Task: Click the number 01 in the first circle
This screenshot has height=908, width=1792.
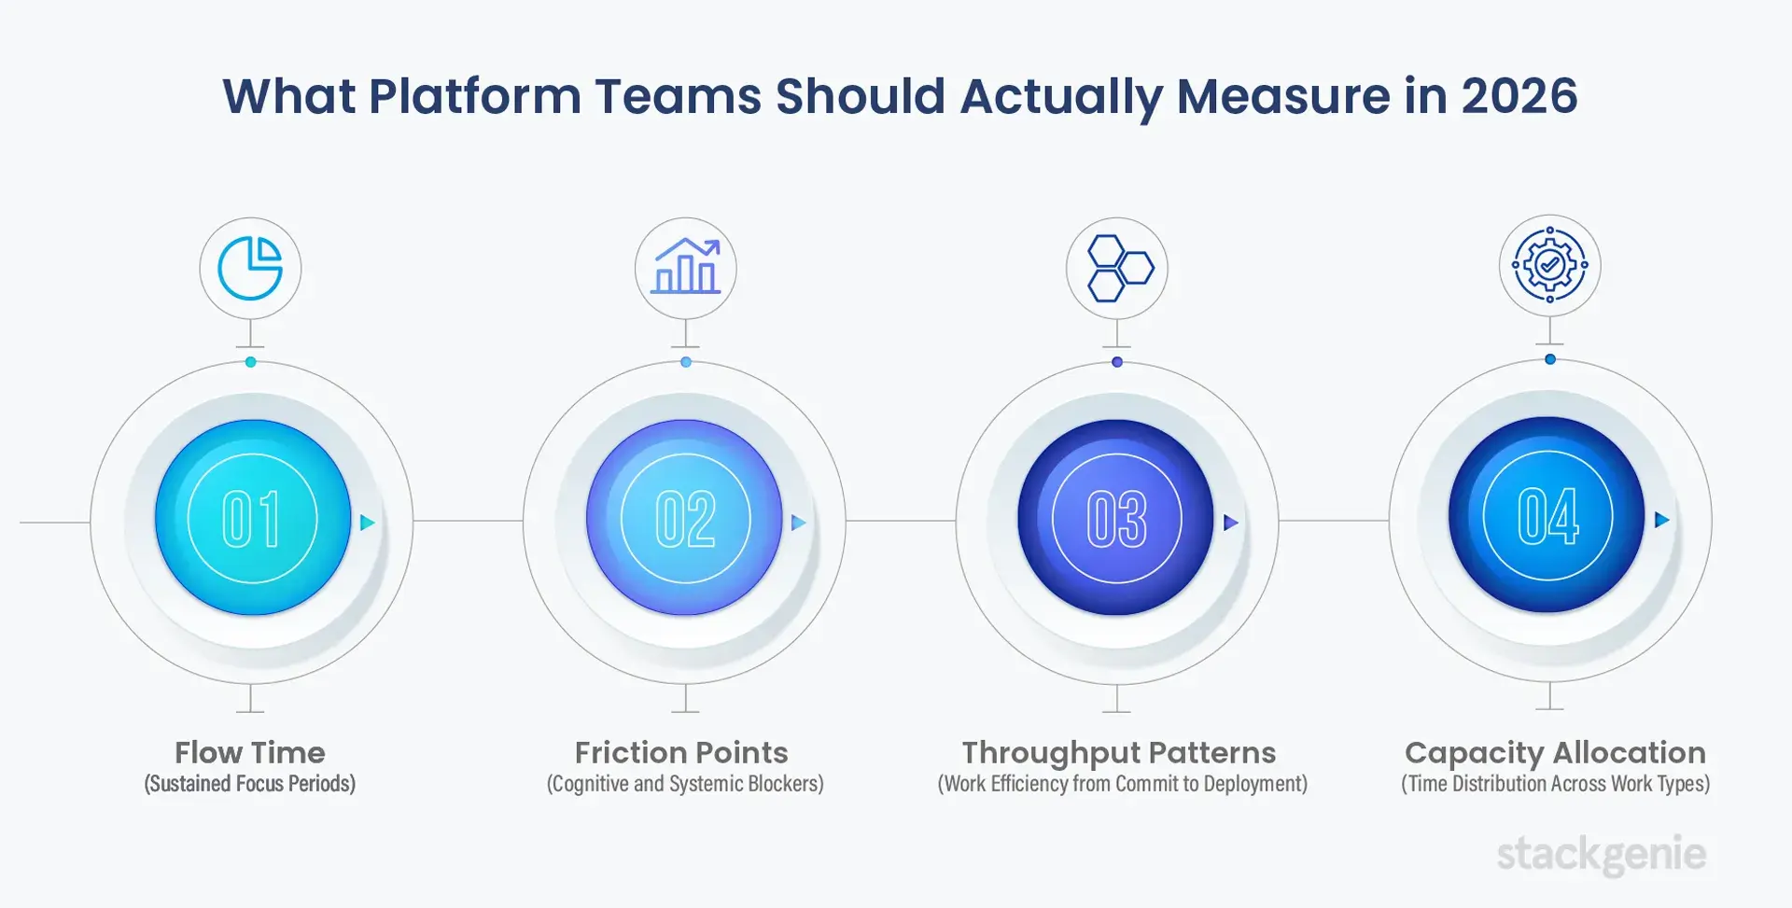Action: tap(251, 519)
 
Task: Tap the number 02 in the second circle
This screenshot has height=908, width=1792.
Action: tap(685, 519)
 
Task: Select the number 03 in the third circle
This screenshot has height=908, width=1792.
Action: tap(1116, 519)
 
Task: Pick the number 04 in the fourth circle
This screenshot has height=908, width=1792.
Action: tap(1547, 516)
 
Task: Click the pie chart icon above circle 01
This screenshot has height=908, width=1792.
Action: tap(250, 269)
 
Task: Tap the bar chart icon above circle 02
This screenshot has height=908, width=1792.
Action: tap(686, 268)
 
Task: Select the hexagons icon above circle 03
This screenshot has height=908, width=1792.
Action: tap(1117, 269)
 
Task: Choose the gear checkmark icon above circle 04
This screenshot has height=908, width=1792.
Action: tap(1549, 265)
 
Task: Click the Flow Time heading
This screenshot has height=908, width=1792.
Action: tap(250, 752)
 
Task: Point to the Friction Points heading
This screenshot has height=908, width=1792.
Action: tap(681, 752)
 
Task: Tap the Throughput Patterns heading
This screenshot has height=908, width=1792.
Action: tap(1118, 752)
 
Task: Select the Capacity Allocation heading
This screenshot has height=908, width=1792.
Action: tap(1555, 752)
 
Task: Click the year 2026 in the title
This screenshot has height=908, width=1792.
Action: tap(1519, 96)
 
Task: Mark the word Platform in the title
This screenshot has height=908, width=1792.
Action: tap(474, 96)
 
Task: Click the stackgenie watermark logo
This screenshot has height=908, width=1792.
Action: tap(1602, 854)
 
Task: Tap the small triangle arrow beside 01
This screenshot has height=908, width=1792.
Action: tap(367, 523)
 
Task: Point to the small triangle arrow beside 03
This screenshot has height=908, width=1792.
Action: tap(1230, 523)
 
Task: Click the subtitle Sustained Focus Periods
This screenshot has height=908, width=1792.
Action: tap(250, 784)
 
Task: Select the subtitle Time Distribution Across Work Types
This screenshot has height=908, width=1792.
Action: tap(1555, 784)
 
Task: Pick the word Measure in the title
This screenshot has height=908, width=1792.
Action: tap(1283, 96)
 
